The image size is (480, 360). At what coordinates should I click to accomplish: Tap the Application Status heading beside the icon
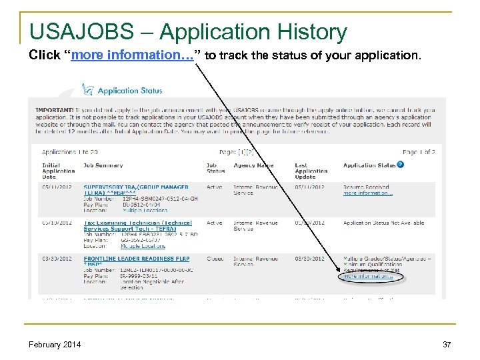[131, 90]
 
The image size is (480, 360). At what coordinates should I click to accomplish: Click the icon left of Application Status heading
[87, 89]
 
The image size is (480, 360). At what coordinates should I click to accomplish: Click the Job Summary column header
[103, 165]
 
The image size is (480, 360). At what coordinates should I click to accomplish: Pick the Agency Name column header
[254, 165]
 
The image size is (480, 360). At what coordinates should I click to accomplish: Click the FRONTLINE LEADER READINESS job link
[136, 257]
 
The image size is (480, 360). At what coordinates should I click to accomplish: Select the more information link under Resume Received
[368, 193]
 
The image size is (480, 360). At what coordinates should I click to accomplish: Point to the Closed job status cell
[215, 257]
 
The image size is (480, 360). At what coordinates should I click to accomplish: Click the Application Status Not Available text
[384, 223]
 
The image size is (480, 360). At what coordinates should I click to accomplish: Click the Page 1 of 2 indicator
[419, 152]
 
